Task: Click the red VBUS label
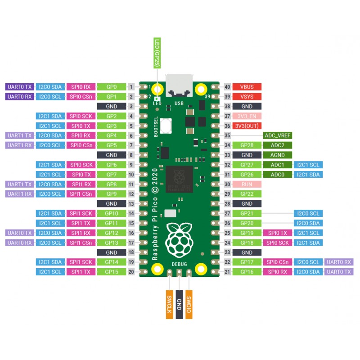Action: tap(247, 87)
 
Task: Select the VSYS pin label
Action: tap(247, 97)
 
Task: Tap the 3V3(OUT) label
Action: tap(247, 126)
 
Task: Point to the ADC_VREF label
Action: tap(278, 135)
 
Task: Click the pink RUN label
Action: tap(247, 184)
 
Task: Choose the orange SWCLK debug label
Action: tap(170, 305)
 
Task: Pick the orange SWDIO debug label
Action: tap(189, 305)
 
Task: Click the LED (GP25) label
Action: tap(157, 53)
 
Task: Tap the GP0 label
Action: tap(112, 87)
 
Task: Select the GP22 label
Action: tap(247, 194)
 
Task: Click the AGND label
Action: tap(278, 155)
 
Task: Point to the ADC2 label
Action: tap(278, 145)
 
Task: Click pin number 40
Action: tap(227, 87)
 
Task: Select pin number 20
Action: tap(131, 272)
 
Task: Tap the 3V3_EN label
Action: tap(247, 116)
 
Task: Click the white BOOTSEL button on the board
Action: tap(166, 126)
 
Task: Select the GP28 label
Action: tap(247, 145)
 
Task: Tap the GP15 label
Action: tap(112, 272)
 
